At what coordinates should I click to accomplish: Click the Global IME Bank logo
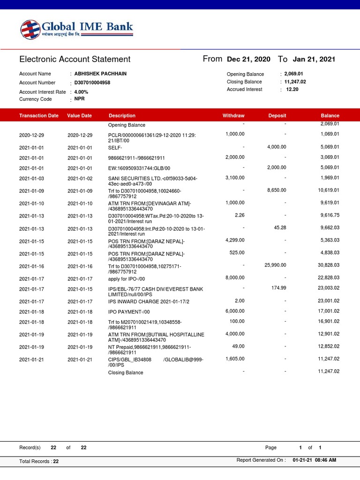tap(76, 30)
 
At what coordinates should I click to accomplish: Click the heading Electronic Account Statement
tap(75, 59)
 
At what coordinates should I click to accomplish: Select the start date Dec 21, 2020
tap(248, 59)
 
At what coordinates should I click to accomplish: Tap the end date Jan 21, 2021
tap(314, 59)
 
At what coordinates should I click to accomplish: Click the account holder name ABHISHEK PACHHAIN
tap(100, 74)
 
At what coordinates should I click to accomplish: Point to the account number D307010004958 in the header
tap(92, 82)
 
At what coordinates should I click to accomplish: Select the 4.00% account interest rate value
tap(81, 92)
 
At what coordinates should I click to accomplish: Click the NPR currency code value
tap(79, 99)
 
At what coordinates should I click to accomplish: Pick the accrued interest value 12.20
tap(292, 89)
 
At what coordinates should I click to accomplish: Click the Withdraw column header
tap(233, 115)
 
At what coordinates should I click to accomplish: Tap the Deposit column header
tap(277, 115)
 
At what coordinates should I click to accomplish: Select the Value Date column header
tap(79, 115)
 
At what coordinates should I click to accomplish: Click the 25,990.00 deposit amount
tap(275, 265)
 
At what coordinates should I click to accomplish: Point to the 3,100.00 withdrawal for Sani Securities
tap(234, 178)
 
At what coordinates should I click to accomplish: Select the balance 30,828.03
tap(328, 265)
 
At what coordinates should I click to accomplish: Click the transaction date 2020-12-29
tap(32, 135)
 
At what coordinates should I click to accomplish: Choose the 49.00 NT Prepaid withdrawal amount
tap(238, 346)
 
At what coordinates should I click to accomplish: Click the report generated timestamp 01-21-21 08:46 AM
tap(314, 460)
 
